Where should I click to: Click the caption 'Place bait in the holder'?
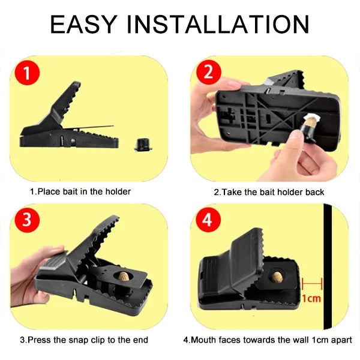point(80,192)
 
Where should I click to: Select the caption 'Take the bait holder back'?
point(269,192)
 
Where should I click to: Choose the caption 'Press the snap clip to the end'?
point(84,340)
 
